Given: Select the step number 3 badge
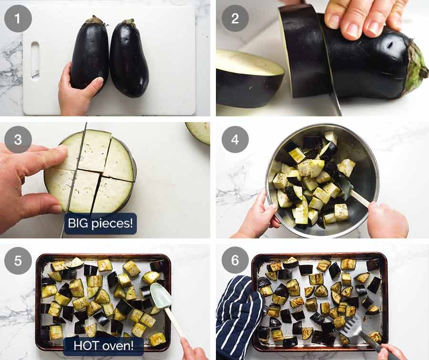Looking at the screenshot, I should tap(18, 139).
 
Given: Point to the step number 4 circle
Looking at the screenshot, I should tap(235, 139).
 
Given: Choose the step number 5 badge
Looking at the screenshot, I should tap(18, 260).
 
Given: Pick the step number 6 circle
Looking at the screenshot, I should tap(235, 260).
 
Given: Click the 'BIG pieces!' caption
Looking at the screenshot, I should tap(101, 223).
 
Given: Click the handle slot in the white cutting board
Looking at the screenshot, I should tap(35, 60).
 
